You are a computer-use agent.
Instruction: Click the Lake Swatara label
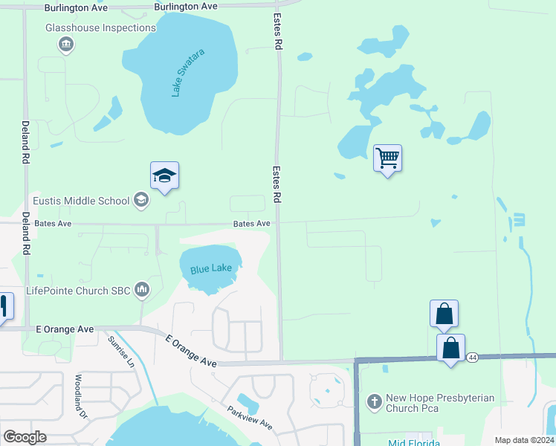(x=187, y=73)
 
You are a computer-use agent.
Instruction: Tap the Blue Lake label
(x=211, y=268)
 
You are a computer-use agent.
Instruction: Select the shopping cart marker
(x=387, y=158)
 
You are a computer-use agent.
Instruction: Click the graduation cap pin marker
(x=164, y=175)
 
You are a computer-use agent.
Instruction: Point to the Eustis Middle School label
(x=81, y=201)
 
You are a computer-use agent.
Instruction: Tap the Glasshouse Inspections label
(x=100, y=28)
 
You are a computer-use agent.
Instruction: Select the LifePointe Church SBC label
(x=77, y=290)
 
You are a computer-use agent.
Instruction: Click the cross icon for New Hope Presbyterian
(x=374, y=403)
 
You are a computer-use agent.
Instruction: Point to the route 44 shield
(x=473, y=358)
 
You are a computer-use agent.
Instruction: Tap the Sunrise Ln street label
(x=120, y=352)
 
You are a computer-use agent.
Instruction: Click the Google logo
(x=25, y=437)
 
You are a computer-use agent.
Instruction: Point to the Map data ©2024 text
(x=524, y=440)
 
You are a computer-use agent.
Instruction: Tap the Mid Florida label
(x=415, y=443)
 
